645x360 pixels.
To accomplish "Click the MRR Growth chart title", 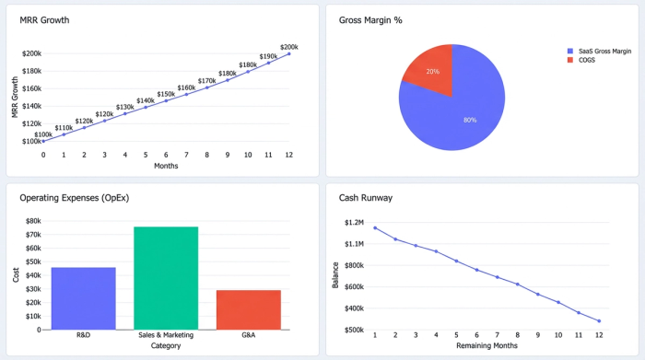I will pos(44,19).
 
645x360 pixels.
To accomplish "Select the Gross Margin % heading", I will pos(369,19).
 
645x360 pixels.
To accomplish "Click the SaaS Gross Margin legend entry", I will pos(599,51).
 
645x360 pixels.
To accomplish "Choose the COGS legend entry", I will pos(587,60).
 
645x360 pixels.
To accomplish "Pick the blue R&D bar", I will pos(83,298).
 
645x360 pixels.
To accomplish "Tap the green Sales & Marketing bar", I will pos(166,277).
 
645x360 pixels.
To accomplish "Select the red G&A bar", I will pos(248,309).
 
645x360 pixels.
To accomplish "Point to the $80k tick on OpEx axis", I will pos(33,221).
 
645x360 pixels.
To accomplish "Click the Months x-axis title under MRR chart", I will pos(166,166).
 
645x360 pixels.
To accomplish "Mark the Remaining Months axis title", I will pos(487,345).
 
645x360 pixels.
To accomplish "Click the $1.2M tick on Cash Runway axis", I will pos(355,222).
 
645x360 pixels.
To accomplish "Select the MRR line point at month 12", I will pos(289,53).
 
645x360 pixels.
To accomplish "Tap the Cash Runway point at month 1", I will pos(375,227).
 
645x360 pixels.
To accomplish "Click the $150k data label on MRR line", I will pos(166,94).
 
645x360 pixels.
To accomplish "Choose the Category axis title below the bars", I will pos(166,345).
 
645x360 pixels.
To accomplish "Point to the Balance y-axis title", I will pos(335,274).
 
